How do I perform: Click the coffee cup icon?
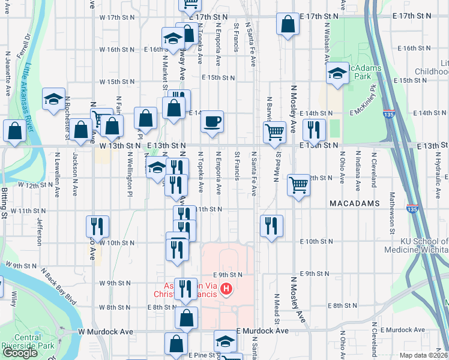[212, 122]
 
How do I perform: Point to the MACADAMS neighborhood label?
[355, 204]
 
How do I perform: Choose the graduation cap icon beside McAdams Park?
[337, 74]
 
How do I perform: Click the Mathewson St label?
[391, 212]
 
